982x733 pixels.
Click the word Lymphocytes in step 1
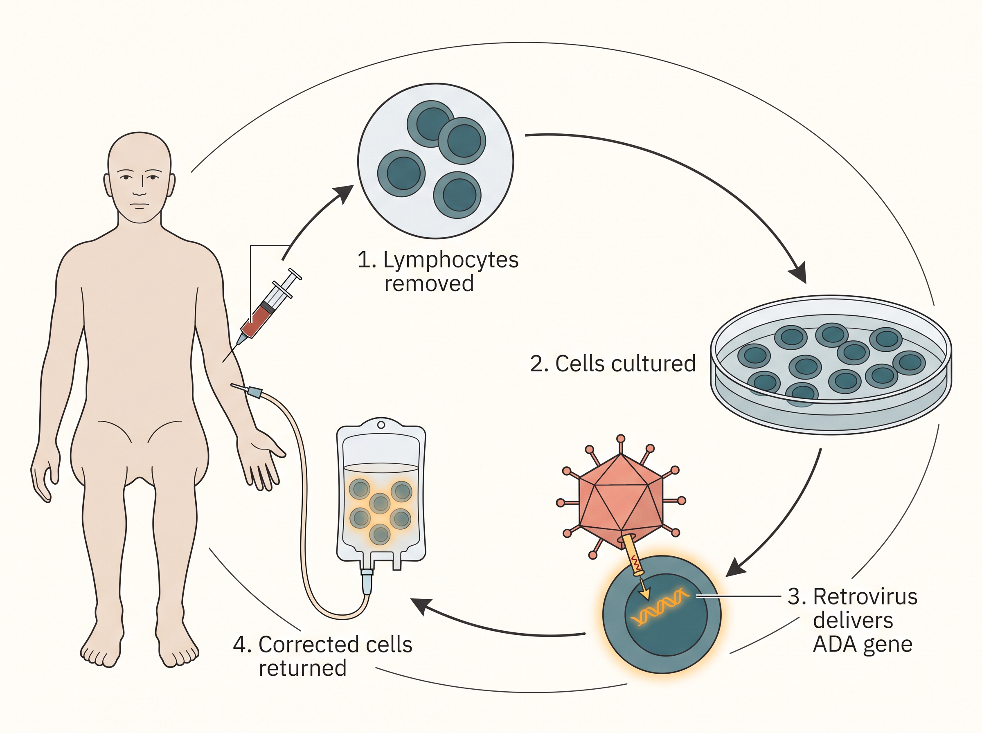point(450,261)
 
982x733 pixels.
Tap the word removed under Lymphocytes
point(429,283)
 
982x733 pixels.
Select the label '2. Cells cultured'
point(613,363)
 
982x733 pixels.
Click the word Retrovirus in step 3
point(865,597)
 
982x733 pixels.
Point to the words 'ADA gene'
point(862,644)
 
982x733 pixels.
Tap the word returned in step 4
point(303,668)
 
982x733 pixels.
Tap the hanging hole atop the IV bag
point(381,425)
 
